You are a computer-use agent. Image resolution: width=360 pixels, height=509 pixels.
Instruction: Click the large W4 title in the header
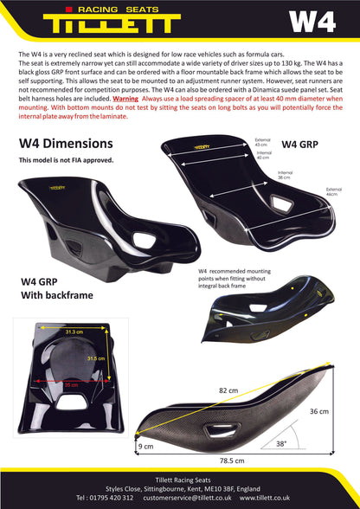coord(312,23)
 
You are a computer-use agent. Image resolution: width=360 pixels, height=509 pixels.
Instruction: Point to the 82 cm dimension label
coord(228,390)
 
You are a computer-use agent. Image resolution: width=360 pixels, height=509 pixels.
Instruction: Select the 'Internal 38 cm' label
coord(285,176)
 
